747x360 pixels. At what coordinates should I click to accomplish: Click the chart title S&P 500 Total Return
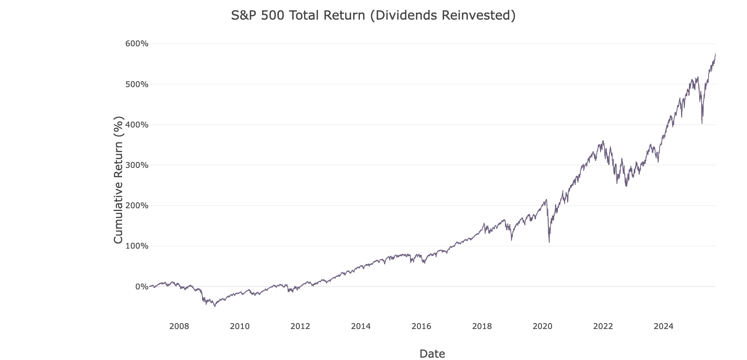(x=373, y=15)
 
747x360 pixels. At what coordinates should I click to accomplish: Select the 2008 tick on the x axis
(x=179, y=326)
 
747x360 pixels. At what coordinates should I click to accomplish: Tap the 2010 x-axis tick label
(x=240, y=326)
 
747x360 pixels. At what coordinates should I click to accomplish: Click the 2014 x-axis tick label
(x=361, y=326)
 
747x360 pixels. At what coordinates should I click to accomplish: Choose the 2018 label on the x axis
(x=482, y=326)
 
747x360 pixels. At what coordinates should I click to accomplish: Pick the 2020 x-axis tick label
(x=543, y=326)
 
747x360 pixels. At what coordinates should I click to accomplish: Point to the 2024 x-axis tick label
(x=663, y=326)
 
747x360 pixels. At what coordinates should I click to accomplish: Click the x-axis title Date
(x=432, y=354)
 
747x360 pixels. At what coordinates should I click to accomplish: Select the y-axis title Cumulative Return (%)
(x=118, y=180)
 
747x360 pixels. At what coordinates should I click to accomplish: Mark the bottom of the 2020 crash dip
(x=549, y=242)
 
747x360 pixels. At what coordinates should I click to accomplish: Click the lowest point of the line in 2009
(x=215, y=306)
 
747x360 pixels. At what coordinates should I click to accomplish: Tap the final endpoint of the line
(x=715, y=53)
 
